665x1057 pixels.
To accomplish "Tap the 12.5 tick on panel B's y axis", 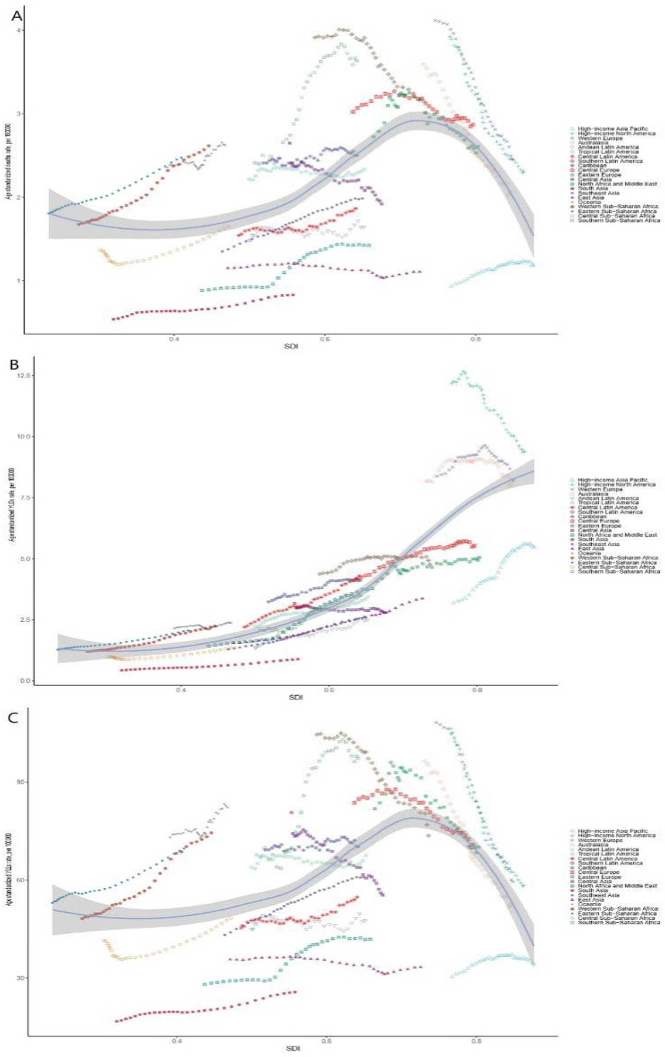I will coord(22,376).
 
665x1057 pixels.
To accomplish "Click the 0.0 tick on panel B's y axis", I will coord(23,681).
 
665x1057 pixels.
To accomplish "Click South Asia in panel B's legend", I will coord(593,539).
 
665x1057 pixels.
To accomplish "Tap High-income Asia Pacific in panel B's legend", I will coord(612,480).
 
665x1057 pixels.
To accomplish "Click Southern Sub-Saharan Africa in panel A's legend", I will coord(619,220).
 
